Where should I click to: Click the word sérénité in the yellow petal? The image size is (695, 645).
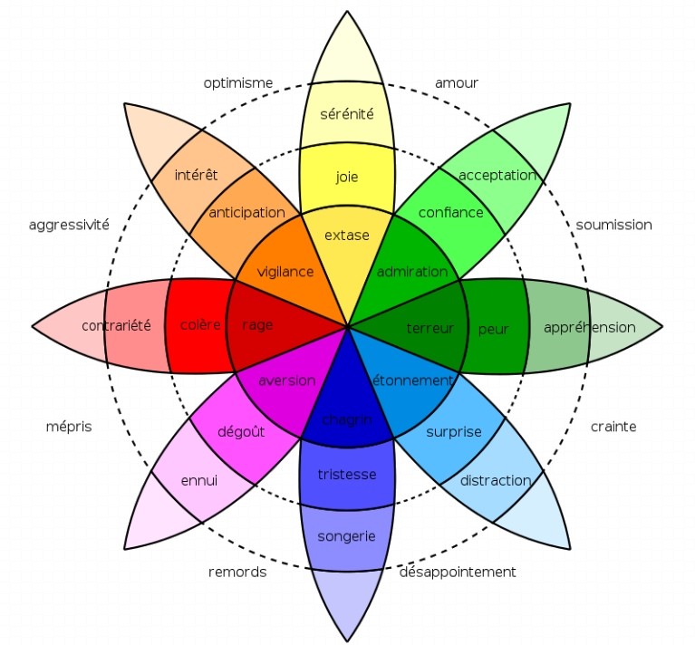point(347,114)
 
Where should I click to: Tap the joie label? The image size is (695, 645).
point(347,177)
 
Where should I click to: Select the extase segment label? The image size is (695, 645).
point(347,235)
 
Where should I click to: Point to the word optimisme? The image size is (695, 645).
point(238,83)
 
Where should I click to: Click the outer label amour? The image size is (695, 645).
point(456,83)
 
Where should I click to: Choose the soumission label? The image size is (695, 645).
point(613,225)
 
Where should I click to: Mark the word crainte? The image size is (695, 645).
point(613,427)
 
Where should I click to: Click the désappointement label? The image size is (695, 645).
point(458,572)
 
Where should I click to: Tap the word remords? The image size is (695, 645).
point(237,572)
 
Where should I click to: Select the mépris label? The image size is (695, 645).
point(69,427)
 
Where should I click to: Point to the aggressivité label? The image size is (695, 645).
point(69,225)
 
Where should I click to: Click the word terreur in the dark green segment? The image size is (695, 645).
point(430,328)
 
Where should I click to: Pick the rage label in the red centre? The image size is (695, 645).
point(258,325)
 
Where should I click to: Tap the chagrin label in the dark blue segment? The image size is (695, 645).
point(347,418)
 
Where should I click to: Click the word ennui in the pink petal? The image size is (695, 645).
point(199,480)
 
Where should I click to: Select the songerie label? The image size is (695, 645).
point(346,536)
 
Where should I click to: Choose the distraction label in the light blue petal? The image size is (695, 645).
point(495,480)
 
